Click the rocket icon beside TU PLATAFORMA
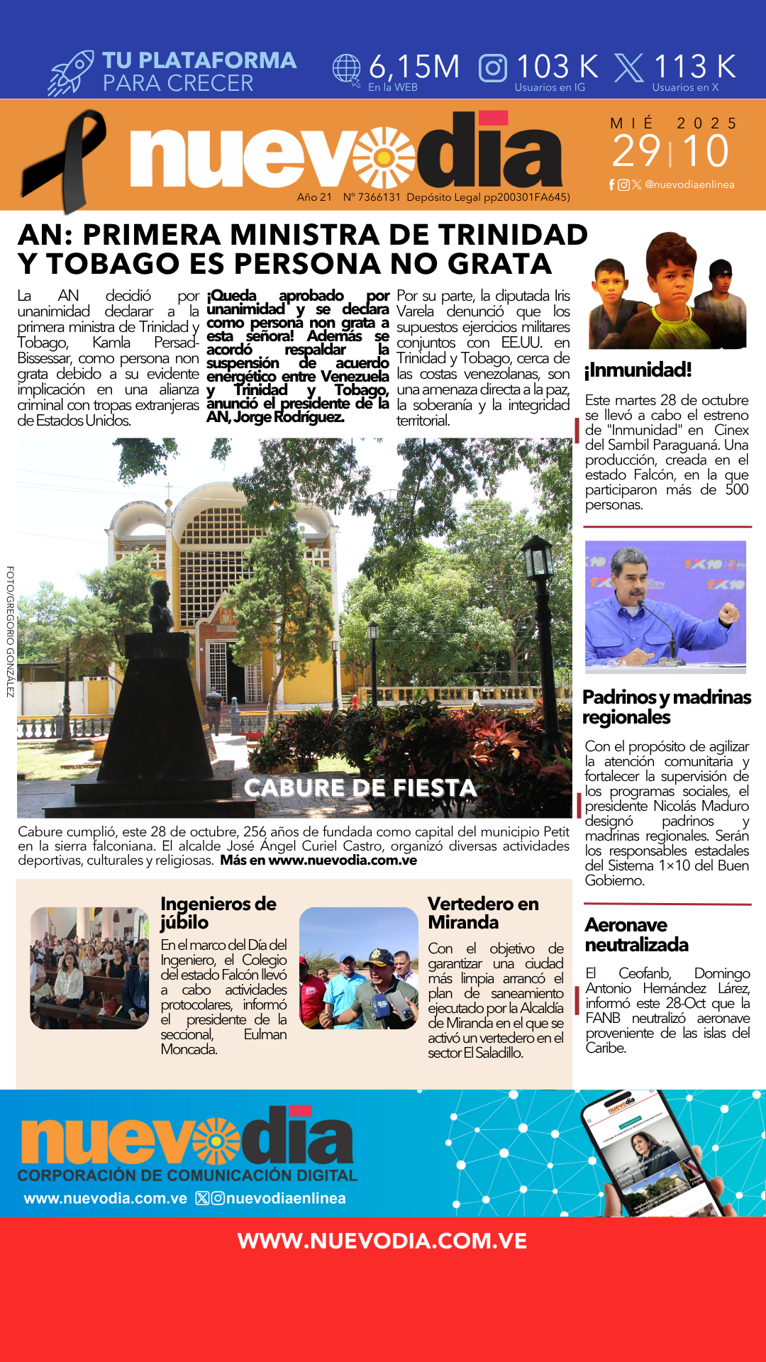(71, 73)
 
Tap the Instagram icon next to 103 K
(493, 68)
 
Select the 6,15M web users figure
(414, 67)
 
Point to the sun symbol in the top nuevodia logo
(384, 157)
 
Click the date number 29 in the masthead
(636, 151)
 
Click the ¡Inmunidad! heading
(638, 370)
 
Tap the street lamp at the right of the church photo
(538, 567)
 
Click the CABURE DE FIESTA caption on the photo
(360, 787)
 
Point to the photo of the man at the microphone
(665, 607)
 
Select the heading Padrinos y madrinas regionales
(666, 707)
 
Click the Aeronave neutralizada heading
(636, 934)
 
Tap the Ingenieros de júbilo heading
(218, 912)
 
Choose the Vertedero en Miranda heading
(483, 912)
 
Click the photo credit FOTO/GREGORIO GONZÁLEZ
(10, 631)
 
